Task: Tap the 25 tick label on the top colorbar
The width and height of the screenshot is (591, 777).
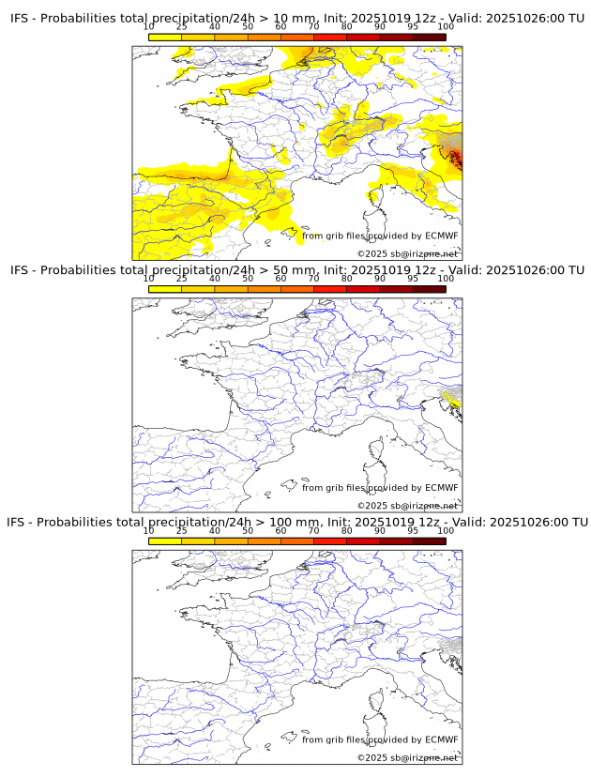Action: tap(181, 26)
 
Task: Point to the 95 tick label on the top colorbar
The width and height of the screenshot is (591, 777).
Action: tap(413, 26)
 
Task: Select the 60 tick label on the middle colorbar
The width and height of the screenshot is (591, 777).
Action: tap(280, 279)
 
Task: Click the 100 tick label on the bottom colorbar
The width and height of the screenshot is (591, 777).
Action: tap(446, 530)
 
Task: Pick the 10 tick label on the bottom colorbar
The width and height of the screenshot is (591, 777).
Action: tap(148, 530)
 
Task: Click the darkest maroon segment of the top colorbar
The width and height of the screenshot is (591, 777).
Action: tap(429, 37)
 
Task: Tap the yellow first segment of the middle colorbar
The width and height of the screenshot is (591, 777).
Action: tap(164, 289)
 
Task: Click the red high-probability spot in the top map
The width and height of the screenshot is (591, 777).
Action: tap(454, 156)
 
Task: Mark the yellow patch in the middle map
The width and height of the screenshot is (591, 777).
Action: tap(453, 401)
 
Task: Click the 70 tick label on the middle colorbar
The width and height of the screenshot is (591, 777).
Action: tap(313, 279)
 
